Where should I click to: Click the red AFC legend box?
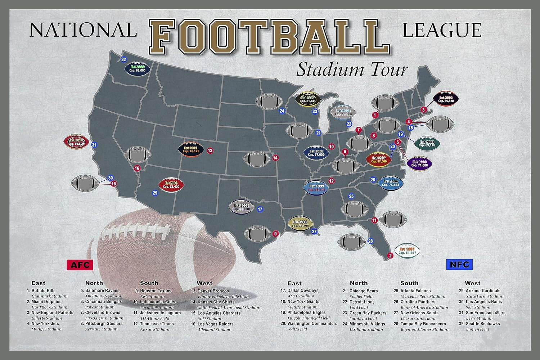[80, 265]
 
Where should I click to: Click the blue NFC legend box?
[459, 265]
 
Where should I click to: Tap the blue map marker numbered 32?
[123, 59]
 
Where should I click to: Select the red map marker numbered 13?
[210, 150]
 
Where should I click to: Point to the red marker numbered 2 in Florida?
[390, 256]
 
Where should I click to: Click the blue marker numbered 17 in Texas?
[260, 209]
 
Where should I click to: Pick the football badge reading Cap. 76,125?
[191, 149]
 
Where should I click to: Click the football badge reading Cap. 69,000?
[137, 68]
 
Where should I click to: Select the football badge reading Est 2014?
[76, 142]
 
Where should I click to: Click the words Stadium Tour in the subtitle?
[352, 69]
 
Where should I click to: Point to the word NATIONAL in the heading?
[83, 30]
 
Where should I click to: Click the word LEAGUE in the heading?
[442, 30]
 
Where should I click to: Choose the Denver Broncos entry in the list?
[213, 291]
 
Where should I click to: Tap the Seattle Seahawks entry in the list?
[482, 324]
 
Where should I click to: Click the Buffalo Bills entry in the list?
[43, 291]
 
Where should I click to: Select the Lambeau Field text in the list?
[363, 318]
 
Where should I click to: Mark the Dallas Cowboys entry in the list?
[302, 291]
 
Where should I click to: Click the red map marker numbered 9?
[276, 234]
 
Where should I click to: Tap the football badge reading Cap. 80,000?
[241, 207]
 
